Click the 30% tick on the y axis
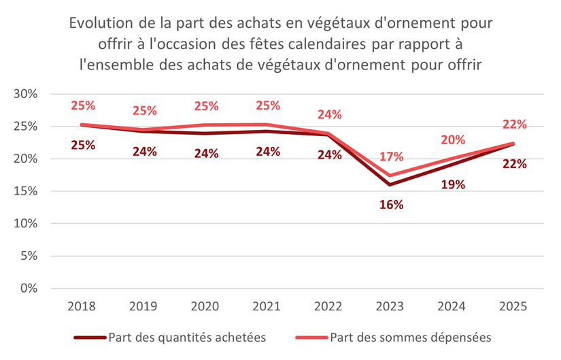pyautogui.click(x=25, y=94)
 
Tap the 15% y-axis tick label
pyautogui.click(x=25, y=191)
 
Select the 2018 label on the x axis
pyautogui.click(x=82, y=306)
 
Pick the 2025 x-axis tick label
pyautogui.click(x=514, y=306)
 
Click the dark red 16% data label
pyautogui.click(x=391, y=204)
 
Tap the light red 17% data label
pyautogui.click(x=391, y=156)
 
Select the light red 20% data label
pyautogui.click(x=453, y=140)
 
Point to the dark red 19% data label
pyautogui.click(x=453, y=184)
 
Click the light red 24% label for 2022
pyautogui.click(x=329, y=114)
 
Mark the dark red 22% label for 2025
pyautogui.click(x=514, y=163)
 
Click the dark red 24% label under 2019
pyautogui.click(x=143, y=152)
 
